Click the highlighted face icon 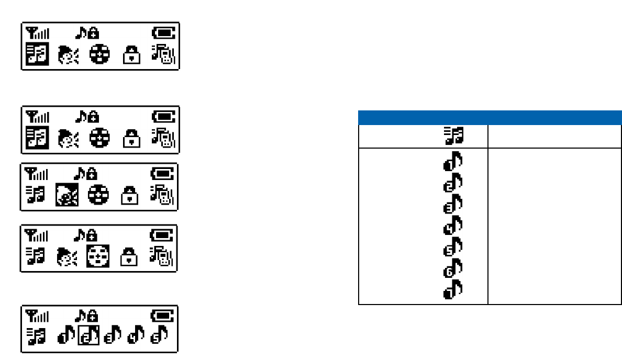coord(66,196)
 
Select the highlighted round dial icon coord(99,257)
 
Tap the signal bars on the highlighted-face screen coord(37,173)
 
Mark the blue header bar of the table coord(490,117)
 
